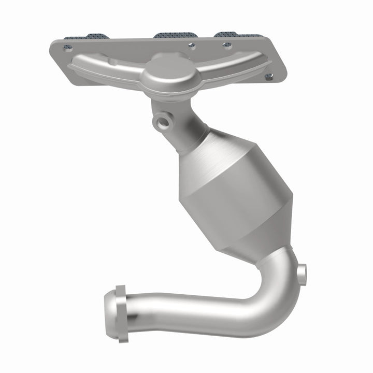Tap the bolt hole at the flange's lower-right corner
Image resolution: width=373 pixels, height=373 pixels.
(268, 77)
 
